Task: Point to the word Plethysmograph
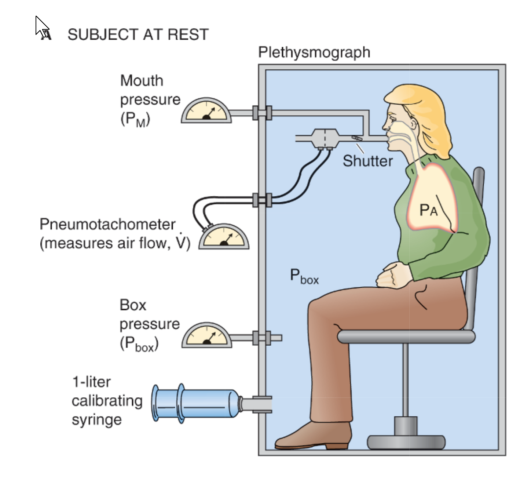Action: (314, 52)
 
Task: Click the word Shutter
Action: (367, 161)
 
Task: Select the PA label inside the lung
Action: (428, 210)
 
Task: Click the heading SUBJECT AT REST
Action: (138, 35)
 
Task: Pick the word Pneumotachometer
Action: (107, 224)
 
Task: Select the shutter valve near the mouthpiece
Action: (357, 138)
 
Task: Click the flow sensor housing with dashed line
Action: (325, 138)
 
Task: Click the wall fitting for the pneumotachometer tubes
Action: (262, 200)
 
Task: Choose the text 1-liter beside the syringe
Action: (91, 382)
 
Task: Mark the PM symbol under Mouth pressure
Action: (135, 119)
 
